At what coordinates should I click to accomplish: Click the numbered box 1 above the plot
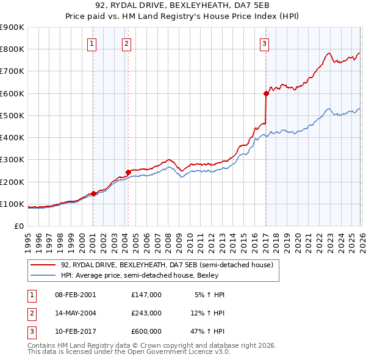(91, 43)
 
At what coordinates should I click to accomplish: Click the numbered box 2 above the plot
(126, 43)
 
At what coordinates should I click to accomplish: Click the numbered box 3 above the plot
(264, 43)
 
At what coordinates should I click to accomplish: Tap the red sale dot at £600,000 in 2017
(266, 93)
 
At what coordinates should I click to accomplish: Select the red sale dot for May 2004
(128, 172)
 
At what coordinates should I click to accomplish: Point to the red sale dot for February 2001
(93, 193)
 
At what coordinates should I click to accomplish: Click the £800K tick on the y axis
(12, 49)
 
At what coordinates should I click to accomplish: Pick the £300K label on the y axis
(12, 160)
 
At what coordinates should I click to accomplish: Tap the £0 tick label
(19, 226)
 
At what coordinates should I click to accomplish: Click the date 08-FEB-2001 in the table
(76, 295)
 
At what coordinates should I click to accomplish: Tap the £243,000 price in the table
(146, 313)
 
